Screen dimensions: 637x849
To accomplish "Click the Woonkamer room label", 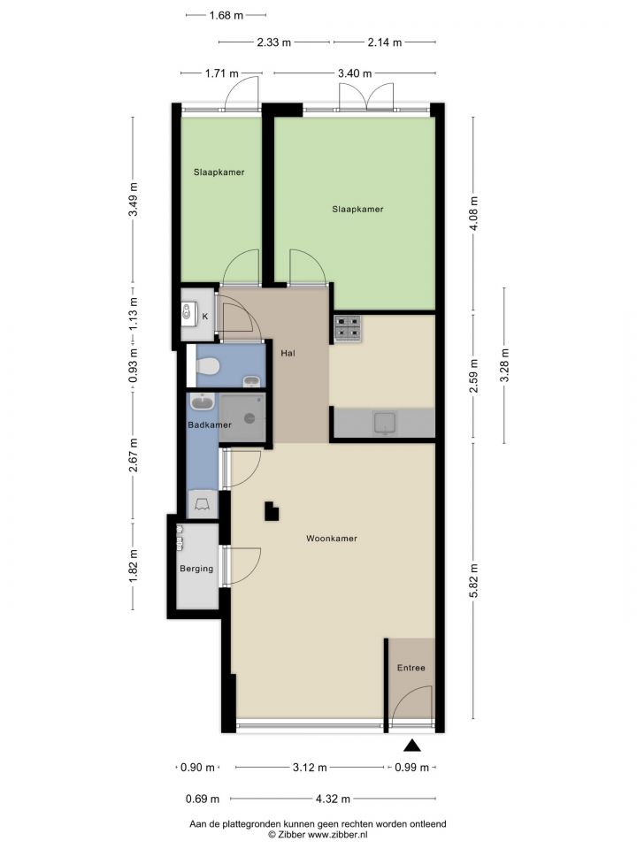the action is click(332, 539).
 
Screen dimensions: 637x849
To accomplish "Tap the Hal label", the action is click(288, 353).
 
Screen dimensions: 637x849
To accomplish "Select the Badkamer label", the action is click(210, 425).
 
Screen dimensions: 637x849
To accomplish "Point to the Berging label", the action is click(196, 569).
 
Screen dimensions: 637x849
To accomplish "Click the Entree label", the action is click(411, 668).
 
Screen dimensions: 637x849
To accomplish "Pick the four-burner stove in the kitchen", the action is click(348, 328).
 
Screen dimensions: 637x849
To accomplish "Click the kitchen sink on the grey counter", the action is click(385, 423).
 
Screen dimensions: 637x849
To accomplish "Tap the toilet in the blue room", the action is click(207, 367).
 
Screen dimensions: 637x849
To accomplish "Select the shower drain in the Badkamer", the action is click(249, 417).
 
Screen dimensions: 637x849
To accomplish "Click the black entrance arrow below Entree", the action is click(412, 746).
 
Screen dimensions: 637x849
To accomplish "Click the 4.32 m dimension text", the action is click(334, 799).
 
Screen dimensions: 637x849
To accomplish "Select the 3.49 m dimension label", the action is click(134, 199).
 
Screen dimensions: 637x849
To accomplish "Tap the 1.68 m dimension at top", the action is click(226, 15).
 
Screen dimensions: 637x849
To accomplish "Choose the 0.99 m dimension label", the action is click(411, 768).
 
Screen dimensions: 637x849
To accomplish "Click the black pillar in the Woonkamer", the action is click(272, 511).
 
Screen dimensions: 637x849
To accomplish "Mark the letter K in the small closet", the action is click(204, 317).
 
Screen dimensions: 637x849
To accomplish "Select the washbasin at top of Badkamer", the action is click(202, 402).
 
